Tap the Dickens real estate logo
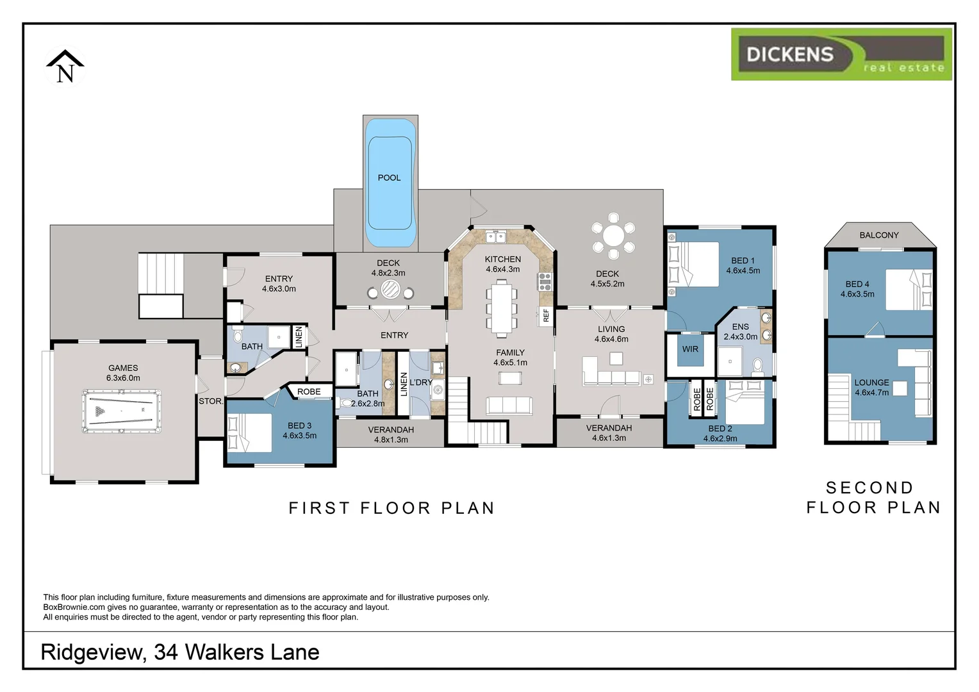pyautogui.click(x=841, y=54)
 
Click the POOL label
pyautogui.click(x=389, y=177)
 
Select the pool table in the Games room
pyautogui.click(x=122, y=411)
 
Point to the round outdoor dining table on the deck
pyautogui.click(x=613, y=236)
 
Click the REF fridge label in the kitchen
pyautogui.click(x=546, y=315)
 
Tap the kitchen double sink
pyautogui.click(x=495, y=238)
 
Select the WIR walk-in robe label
pyautogui.click(x=690, y=349)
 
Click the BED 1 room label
pyautogui.click(x=743, y=261)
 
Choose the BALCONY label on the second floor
pyautogui.click(x=878, y=235)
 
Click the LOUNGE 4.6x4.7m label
pyautogui.click(x=871, y=387)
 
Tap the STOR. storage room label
pyautogui.click(x=210, y=401)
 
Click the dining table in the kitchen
pyautogui.click(x=501, y=309)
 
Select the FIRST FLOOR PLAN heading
pyautogui.click(x=391, y=508)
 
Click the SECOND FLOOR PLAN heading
pyautogui.click(x=873, y=498)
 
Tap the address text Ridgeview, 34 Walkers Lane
pyautogui.click(x=180, y=652)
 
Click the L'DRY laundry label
pyautogui.click(x=420, y=383)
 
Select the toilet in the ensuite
pyautogui.click(x=758, y=366)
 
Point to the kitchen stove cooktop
pyautogui.click(x=545, y=278)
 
